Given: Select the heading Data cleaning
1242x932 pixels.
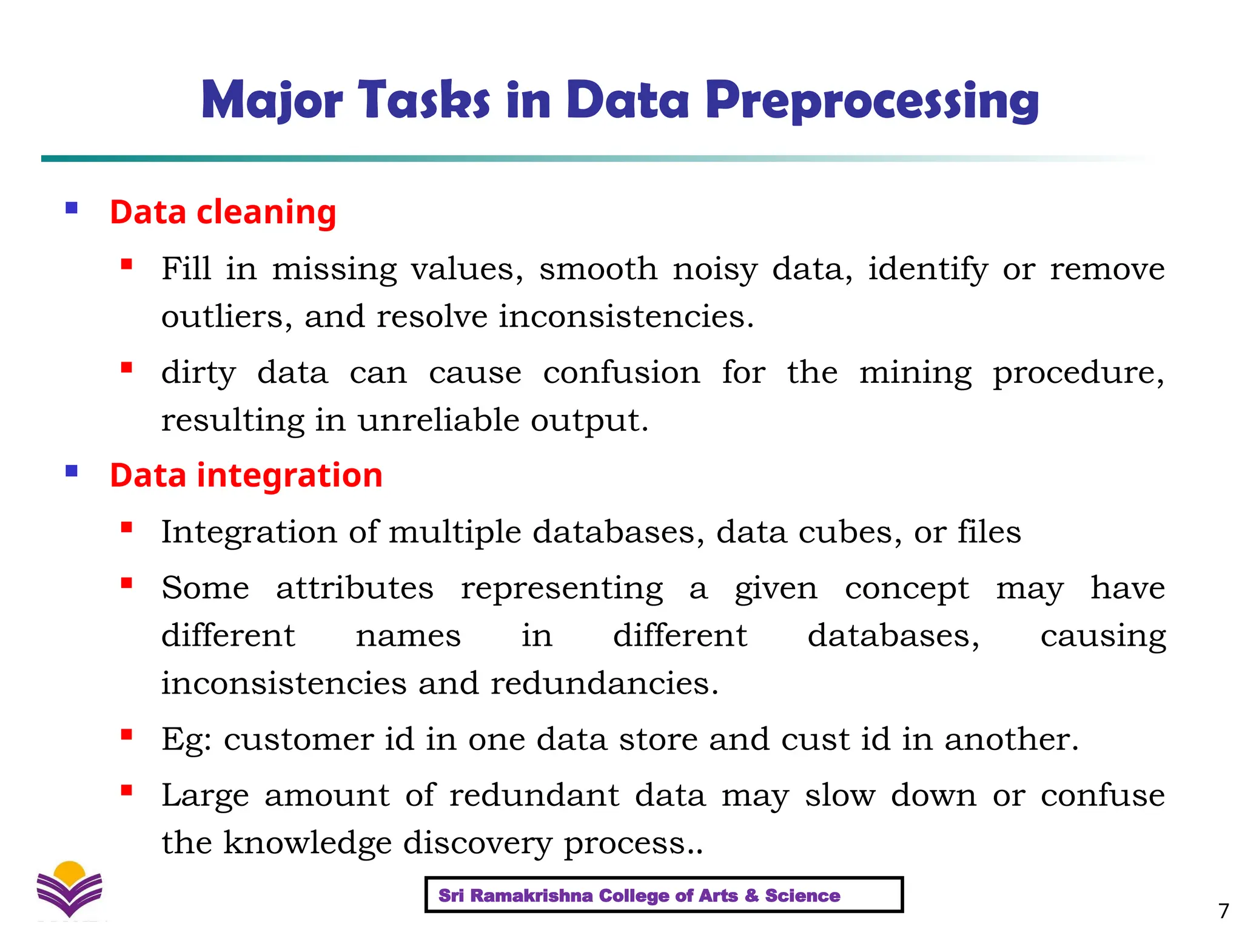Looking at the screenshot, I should point(223,212).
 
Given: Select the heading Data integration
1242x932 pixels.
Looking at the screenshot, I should point(246,475).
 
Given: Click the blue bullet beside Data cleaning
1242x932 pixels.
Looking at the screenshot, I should point(72,208).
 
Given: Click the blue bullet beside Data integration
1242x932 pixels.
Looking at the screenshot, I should point(72,471).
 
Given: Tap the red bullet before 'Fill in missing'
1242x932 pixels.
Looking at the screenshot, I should point(126,264).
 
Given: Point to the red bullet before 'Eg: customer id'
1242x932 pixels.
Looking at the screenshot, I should point(126,735).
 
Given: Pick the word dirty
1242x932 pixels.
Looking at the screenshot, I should point(198,373).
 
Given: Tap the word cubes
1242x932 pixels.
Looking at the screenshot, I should point(850,532).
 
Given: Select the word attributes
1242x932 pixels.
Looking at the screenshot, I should point(355,588).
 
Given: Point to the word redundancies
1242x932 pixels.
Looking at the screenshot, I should point(604,683).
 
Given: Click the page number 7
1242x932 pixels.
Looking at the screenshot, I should point(1223,911).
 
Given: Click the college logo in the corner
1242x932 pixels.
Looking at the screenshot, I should point(69,890).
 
